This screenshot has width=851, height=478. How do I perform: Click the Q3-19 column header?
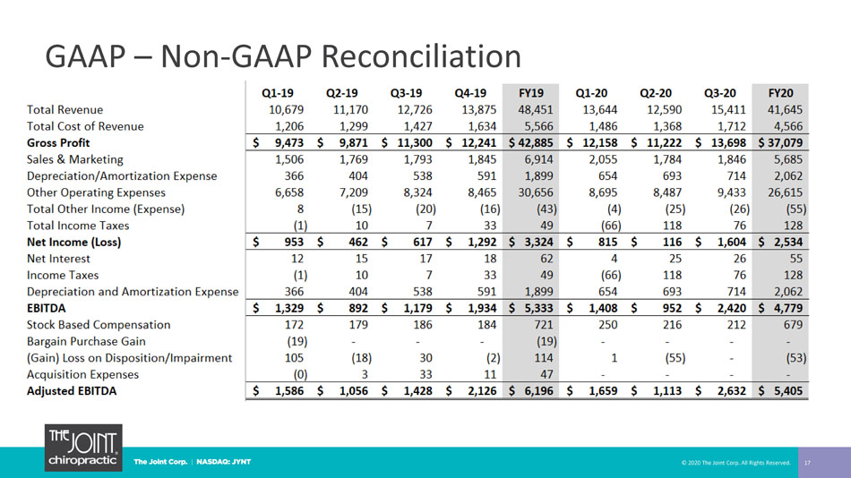[406, 93]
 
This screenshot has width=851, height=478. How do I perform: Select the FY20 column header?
[780, 93]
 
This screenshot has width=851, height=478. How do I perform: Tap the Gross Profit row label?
[58, 142]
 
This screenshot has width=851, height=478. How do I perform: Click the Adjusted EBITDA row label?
[72, 390]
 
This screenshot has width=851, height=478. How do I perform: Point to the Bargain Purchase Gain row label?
[86, 341]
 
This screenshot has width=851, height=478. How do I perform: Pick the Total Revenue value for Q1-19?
[286, 109]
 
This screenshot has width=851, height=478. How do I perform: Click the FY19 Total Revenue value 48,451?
[535, 109]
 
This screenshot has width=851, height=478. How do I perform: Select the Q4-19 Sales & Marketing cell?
[478, 159]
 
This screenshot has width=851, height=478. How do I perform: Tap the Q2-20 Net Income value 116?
[672, 242]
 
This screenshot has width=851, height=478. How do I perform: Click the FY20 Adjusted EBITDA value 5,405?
[788, 390]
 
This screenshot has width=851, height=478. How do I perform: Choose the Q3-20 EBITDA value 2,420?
[732, 308]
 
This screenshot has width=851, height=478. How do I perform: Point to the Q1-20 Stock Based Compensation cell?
[608, 324]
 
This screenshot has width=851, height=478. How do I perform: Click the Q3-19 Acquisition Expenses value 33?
[426, 374]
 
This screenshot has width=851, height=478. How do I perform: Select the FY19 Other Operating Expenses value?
[535, 192]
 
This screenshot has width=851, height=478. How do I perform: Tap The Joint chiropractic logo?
[83, 448]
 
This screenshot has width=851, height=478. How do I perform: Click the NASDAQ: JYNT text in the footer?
[224, 462]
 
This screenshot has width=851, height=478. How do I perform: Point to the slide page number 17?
[807, 463]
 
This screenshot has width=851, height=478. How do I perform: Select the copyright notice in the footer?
[736, 463]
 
